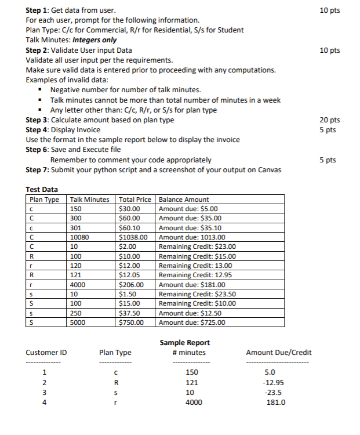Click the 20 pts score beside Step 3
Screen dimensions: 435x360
[x=330, y=120]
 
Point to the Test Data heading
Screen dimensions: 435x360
[x=42, y=189]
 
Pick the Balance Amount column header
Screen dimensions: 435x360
[x=184, y=200]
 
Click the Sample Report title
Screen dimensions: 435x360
[x=184, y=342]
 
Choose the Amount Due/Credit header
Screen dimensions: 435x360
[x=279, y=352]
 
